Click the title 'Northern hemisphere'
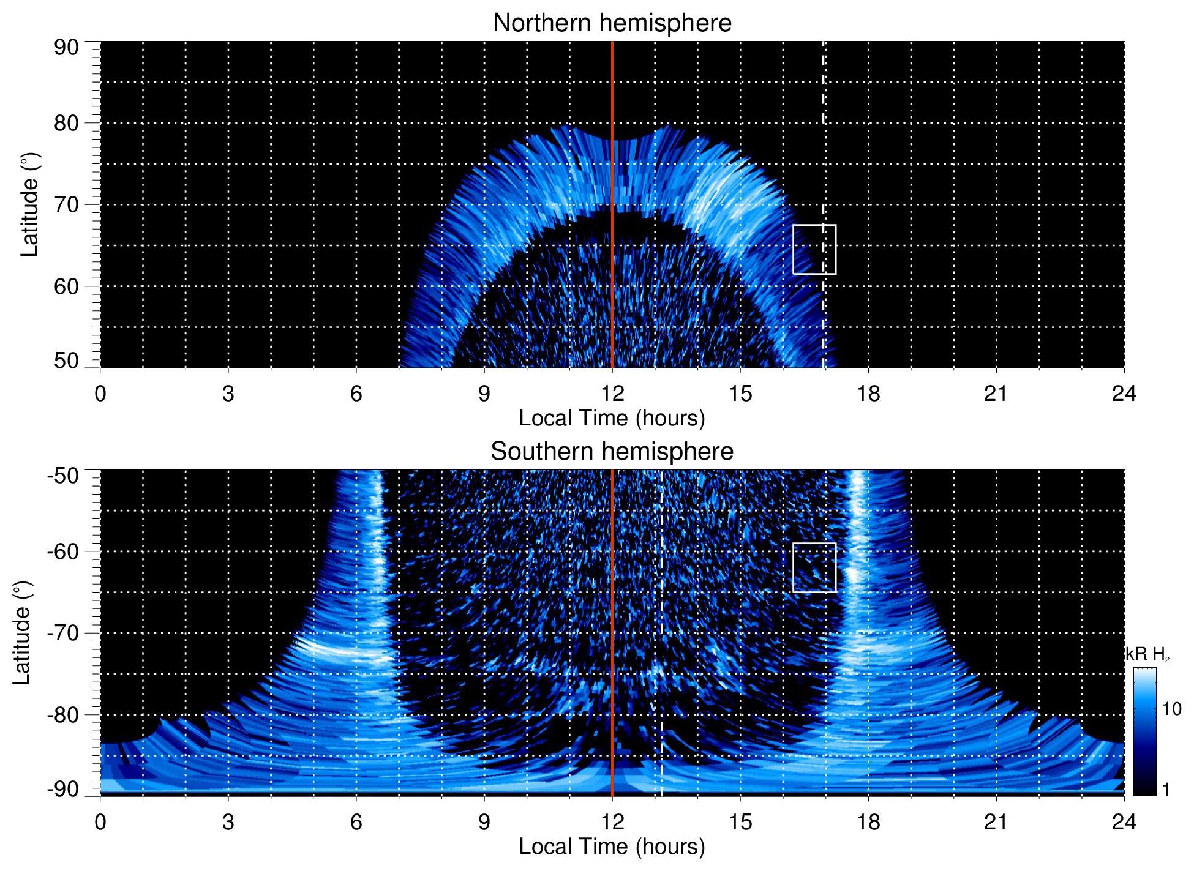click(612, 23)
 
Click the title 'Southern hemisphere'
click(612, 452)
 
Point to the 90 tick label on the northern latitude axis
click(66, 48)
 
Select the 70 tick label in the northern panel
click(66, 204)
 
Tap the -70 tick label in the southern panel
click(62, 633)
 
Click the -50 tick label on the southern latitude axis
click(62, 476)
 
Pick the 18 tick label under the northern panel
click(868, 394)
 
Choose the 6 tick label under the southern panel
click(356, 822)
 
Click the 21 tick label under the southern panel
click(996, 822)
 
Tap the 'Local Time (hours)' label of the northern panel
click(612, 418)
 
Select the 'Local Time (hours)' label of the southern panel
click(612, 847)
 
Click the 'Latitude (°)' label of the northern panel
click(29, 204)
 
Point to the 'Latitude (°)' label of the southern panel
click(22, 633)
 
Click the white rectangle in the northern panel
click(814, 249)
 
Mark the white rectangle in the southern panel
click(814, 567)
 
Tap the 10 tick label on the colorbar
click(1171, 709)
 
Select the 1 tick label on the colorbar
click(1166, 790)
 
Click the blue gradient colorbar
click(1144, 731)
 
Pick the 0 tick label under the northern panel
click(100, 394)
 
